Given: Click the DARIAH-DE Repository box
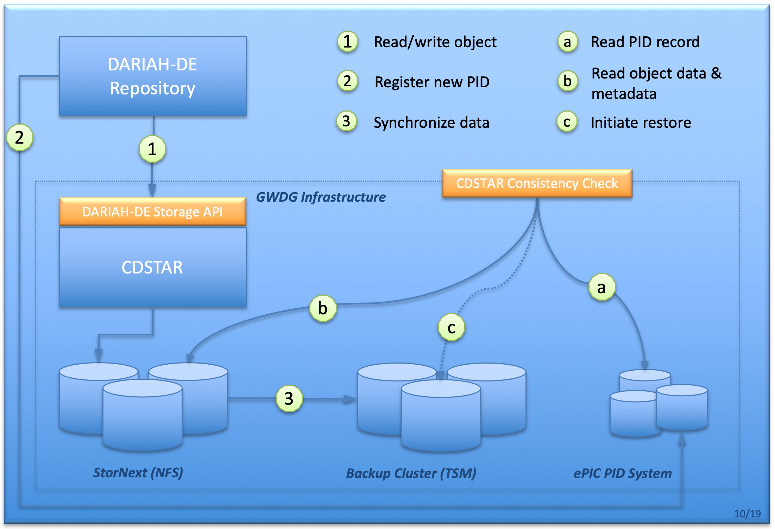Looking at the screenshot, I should click(x=153, y=76).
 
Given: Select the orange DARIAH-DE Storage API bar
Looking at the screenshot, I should click(x=152, y=212).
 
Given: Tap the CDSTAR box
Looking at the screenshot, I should click(x=152, y=267).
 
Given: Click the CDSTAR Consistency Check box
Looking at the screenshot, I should click(x=537, y=183).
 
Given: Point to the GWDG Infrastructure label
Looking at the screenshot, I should click(x=321, y=197).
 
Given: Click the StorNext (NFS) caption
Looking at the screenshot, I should click(x=138, y=472).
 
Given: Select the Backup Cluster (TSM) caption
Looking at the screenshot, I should click(x=411, y=473).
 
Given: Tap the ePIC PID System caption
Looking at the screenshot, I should click(x=622, y=473).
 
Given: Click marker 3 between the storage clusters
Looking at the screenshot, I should click(x=289, y=398).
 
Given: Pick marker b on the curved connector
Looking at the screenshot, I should click(x=323, y=308).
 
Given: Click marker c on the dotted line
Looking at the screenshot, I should click(x=451, y=327).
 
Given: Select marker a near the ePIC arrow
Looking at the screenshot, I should click(x=602, y=287).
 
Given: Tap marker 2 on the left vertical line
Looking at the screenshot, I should click(x=20, y=137).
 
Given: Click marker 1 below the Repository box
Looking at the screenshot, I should click(x=152, y=149).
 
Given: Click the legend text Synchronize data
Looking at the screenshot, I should click(x=431, y=122).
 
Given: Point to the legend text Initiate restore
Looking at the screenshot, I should click(x=641, y=122).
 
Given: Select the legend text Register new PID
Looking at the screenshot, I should click(x=432, y=82).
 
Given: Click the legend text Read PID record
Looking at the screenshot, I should click(x=645, y=42).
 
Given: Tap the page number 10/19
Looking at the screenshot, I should click(x=747, y=514).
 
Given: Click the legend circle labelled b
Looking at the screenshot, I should click(x=567, y=81).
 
